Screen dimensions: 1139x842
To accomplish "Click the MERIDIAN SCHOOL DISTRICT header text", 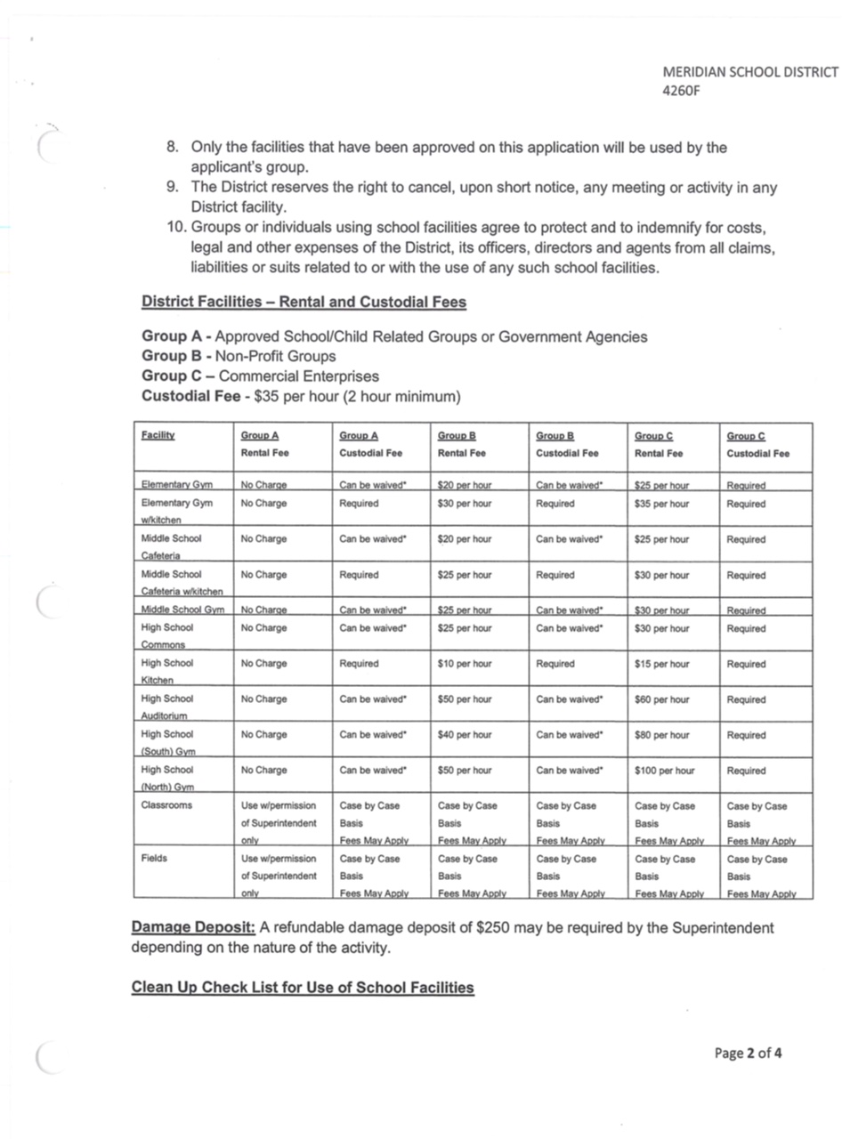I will (x=749, y=72).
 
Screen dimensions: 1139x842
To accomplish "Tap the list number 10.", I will (x=175, y=228).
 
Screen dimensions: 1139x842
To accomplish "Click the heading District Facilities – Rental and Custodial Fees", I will (x=304, y=302).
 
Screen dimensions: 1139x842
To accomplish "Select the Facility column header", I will (x=158, y=435).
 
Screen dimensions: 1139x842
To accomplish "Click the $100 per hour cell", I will (x=664, y=771).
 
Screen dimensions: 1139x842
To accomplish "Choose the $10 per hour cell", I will (x=465, y=664).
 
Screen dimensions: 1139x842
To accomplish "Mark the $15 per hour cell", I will (x=661, y=664).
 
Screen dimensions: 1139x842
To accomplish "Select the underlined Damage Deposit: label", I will (x=193, y=927).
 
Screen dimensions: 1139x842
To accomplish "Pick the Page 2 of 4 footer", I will (x=749, y=1054).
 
